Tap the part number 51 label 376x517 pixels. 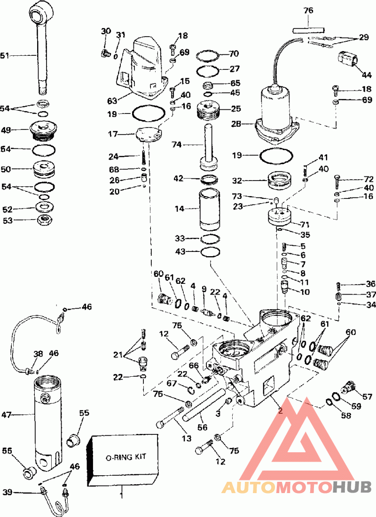5,56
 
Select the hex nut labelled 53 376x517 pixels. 44,220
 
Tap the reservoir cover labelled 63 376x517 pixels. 143,70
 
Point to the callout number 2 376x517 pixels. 280,411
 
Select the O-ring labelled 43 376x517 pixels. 210,252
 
